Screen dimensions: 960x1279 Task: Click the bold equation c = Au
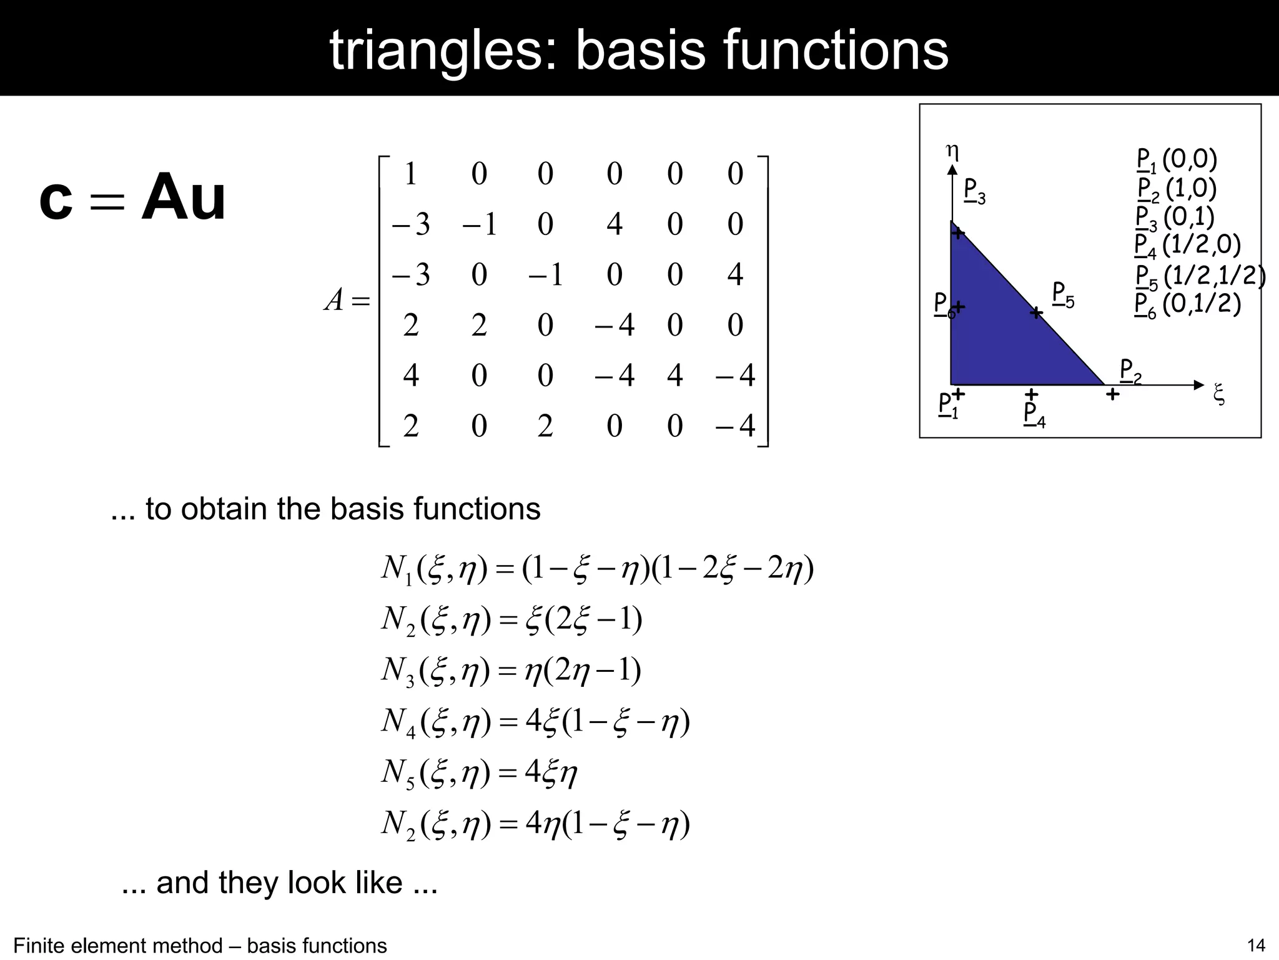[132, 198]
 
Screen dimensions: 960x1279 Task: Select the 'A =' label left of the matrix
[347, 301]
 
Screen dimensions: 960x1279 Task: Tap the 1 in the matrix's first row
[410, 174]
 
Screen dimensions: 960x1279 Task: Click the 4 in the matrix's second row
[615, 224]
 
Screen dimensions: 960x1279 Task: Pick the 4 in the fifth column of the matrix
[674, 376]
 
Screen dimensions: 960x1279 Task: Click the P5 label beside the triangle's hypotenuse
[1063, 294]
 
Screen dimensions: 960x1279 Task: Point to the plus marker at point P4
[1032, 394]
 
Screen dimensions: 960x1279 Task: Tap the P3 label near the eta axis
[974, 191]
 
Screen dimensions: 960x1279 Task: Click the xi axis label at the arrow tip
[1218, 394]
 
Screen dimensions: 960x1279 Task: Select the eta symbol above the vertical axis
[952, 150]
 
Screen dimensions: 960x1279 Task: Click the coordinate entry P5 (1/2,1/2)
[1199, 276]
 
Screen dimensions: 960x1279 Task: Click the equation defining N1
[597, 569]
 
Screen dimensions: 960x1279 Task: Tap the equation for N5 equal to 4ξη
[479, 773]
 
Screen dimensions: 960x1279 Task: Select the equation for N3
[511, 671]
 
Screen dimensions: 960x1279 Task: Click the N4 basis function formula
[535, 722]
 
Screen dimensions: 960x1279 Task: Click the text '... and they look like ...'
[279, 882]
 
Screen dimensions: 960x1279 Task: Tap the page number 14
[1255, 946]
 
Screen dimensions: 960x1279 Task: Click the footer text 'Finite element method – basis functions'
[200, 946]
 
